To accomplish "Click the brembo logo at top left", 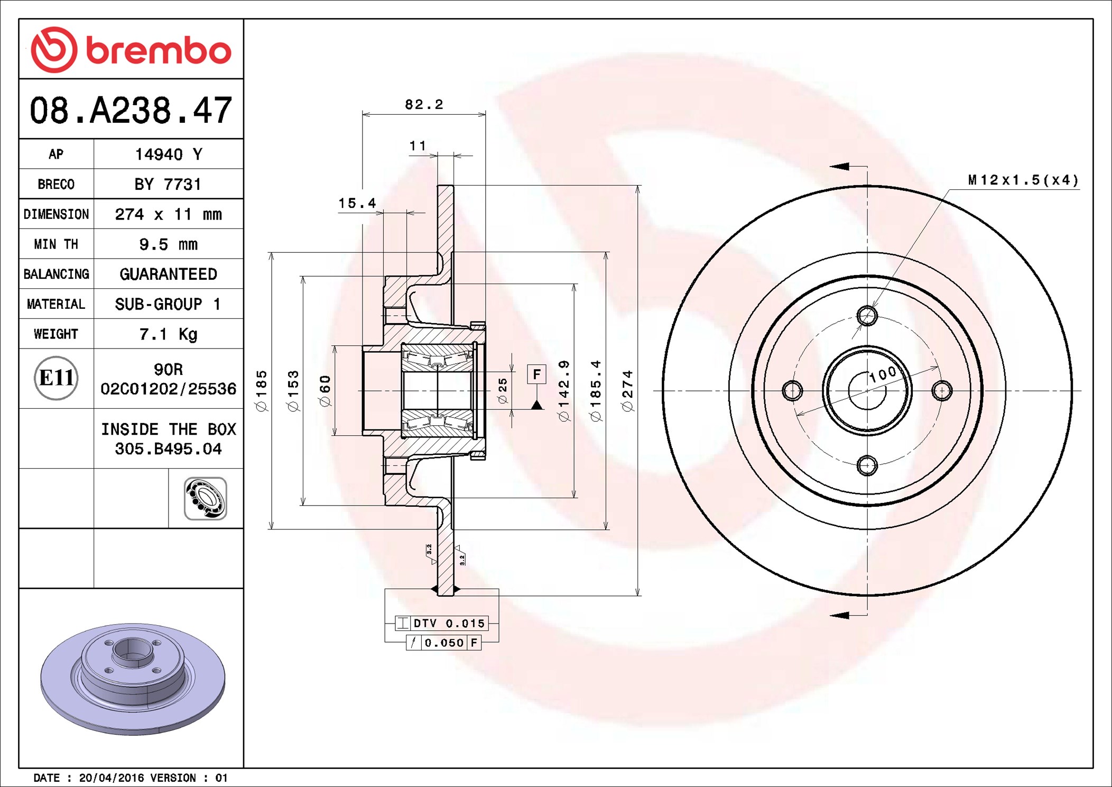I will (x=131, y=50).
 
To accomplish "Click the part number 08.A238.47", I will (x=131, y=111).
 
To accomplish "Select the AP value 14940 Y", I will (x=168, y=154).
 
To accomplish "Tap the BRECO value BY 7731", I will (x=168, y=185).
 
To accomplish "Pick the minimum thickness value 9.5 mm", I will (x=168, y=244).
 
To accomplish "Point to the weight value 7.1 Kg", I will (x=168, y=334).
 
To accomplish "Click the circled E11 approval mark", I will (x=56, y=378).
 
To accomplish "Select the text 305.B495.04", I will (x=168, y=449).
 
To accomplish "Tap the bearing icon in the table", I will (x=206, y=498).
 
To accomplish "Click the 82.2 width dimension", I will (x=424, y=105).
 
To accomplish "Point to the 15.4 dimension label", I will (x=357, y=203).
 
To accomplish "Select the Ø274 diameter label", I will (x=628, y=391).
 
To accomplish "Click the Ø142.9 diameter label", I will (x=564, y=391).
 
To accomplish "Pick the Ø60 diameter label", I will (x=325, y=391).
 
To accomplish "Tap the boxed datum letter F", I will (x=536, y=374).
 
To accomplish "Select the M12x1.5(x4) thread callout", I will (x=1023, y=180).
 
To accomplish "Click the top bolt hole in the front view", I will (x=867, y=316).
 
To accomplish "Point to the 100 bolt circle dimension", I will (x=883, y=374).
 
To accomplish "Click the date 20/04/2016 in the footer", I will (x=111, y=778).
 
